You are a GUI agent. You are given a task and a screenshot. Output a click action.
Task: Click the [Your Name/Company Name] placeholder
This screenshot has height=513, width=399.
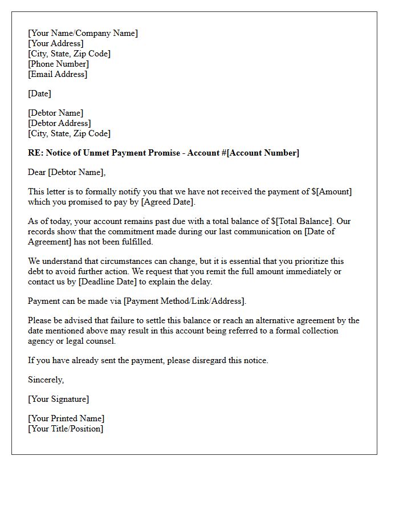(83, 33)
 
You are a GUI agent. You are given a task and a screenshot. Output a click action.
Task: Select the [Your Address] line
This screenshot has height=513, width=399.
(55, 43)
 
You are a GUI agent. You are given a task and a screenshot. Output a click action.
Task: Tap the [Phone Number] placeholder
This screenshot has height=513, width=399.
(58, 64)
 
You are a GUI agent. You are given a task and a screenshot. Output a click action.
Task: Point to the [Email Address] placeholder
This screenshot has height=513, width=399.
(58, 74)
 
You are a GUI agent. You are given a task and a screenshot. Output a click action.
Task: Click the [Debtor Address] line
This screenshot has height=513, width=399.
(59, 123)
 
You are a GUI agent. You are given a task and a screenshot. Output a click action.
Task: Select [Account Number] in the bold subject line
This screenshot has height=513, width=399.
(263, 153)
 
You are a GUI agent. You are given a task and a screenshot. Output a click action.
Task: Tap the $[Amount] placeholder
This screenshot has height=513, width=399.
(332, 192)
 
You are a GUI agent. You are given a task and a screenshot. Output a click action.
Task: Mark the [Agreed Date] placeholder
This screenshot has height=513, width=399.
(167, 202)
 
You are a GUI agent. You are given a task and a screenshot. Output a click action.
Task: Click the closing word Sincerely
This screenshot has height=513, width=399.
(46, 380)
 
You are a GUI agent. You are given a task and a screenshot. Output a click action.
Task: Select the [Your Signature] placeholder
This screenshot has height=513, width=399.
(58, 399)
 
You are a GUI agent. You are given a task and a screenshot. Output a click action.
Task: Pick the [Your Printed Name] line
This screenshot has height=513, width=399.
(66, 419)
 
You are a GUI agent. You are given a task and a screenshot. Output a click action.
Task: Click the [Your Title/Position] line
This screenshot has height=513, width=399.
(66, 429)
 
